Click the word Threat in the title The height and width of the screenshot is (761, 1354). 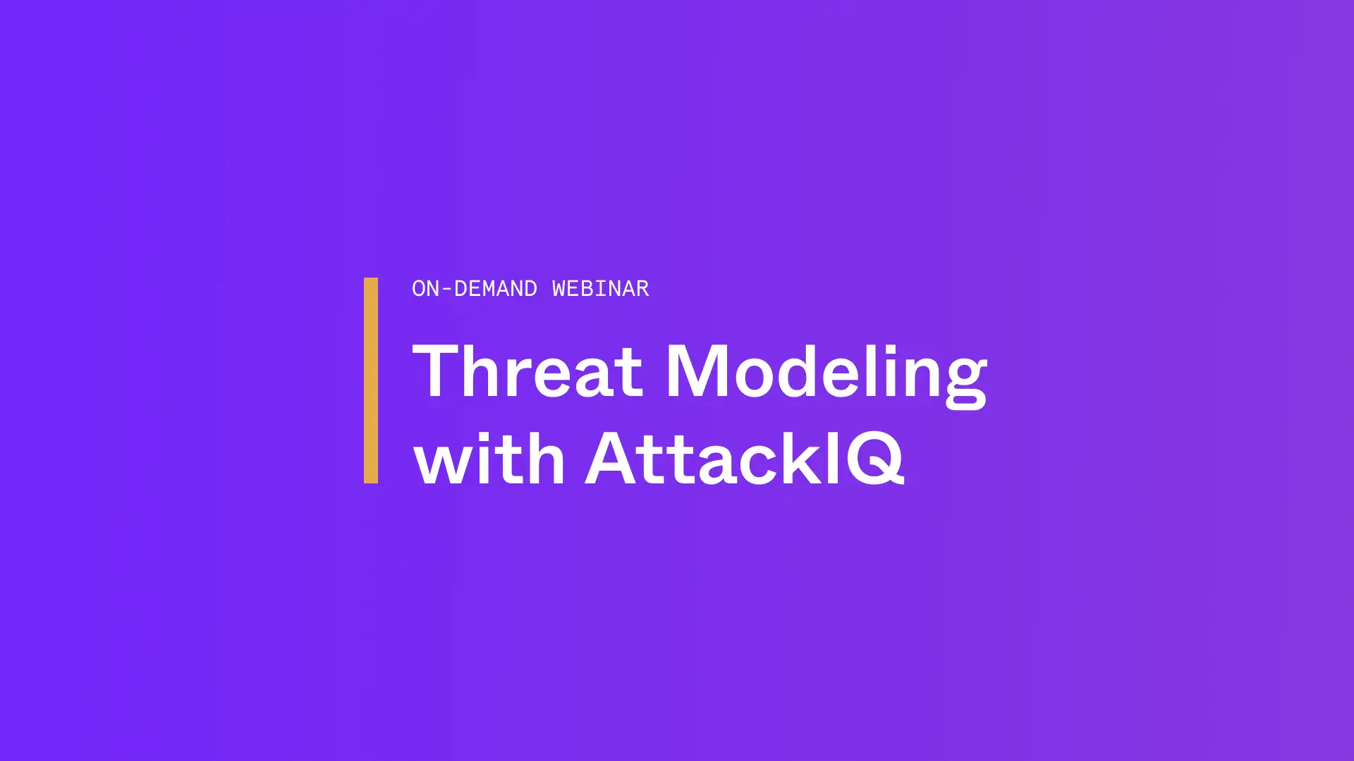[x=527, y=371]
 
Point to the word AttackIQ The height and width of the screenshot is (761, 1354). [x=745, y=458]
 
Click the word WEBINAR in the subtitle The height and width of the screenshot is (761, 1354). [x=600, y=288]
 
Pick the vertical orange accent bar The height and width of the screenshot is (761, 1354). [x=371, y=380]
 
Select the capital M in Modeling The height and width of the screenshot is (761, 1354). [x=698, y=371]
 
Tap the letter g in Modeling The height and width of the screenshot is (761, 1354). [x=964, y=383]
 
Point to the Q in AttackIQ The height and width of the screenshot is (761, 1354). [x=875, y=458]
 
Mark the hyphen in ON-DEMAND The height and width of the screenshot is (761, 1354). [x=446, y=289]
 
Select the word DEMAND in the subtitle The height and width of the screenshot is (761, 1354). [x=495, y=288]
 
